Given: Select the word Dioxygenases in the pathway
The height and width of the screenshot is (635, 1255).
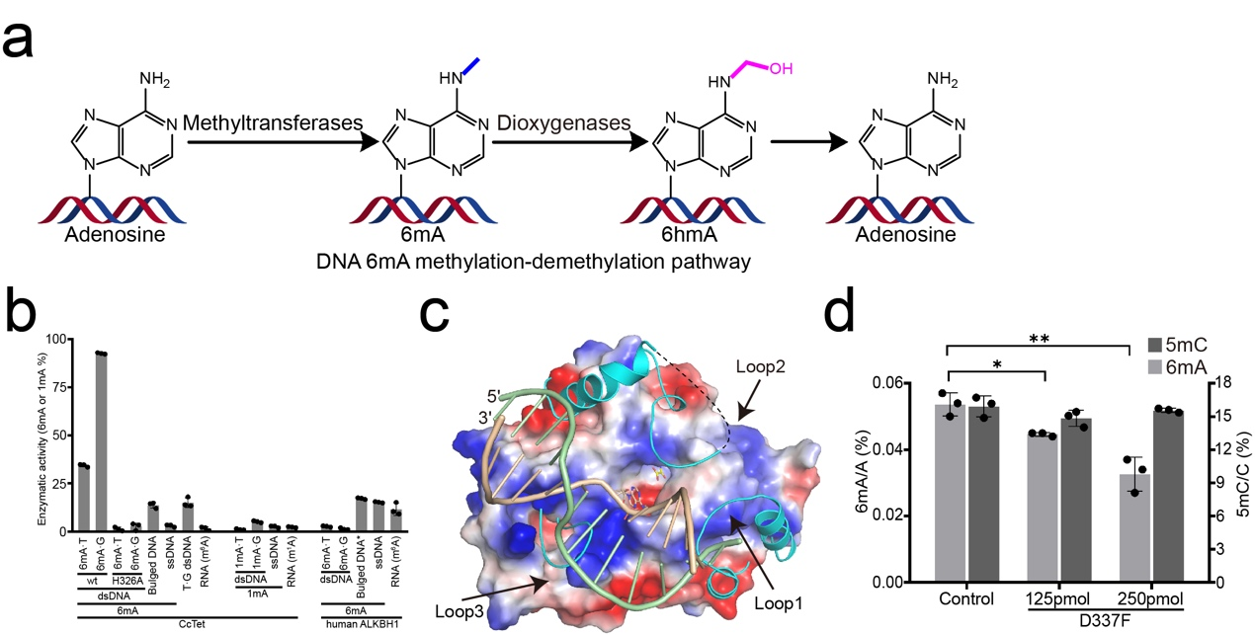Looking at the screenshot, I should coord(562,124).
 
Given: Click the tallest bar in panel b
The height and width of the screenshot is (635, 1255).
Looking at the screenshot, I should coord(100,441).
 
